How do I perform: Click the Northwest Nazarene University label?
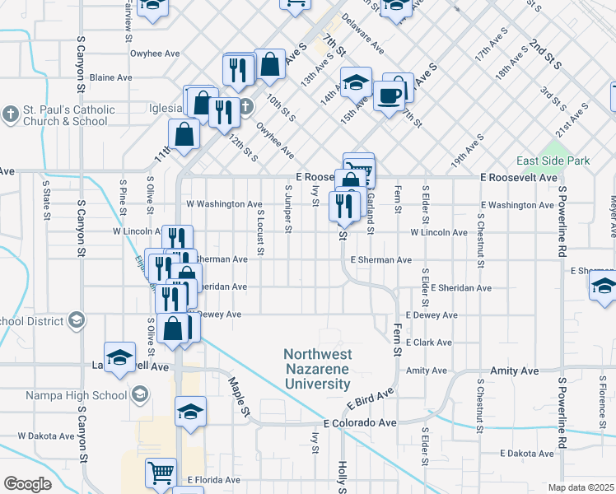[317, 369]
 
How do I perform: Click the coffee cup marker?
[390, 96]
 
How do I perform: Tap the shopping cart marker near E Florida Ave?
[161, 473]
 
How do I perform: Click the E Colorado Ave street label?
[360, 422]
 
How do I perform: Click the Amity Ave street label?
[426, 370]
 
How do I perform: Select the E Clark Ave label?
[429, 343]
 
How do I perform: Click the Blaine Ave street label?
[110, 77]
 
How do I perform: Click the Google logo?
[27, 483]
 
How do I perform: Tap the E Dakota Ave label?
[531, 454]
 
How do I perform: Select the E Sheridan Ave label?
[460, 288]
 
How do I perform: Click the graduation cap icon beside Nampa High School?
[139, 395]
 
